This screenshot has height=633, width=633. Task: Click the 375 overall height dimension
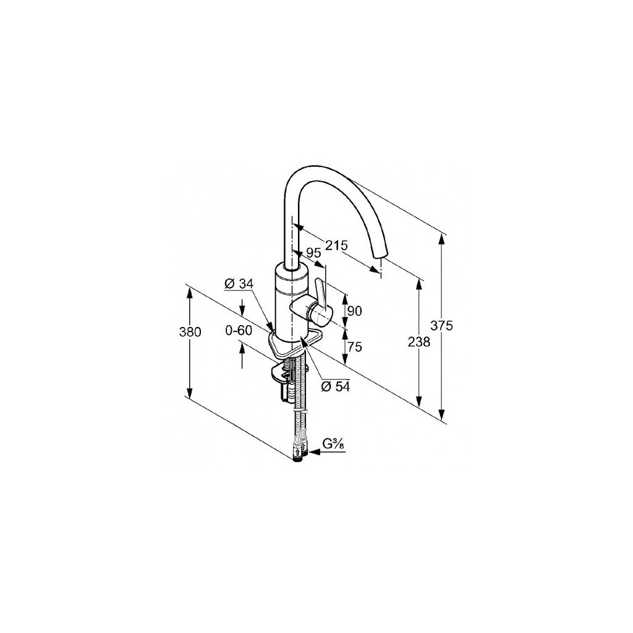pos(441,325)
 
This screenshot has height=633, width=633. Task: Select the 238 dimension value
pos(418,342)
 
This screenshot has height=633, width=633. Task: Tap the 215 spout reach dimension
pos(337,245)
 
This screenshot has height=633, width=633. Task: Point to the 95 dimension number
pos(313,253)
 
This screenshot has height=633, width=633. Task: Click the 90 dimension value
pos(354,311)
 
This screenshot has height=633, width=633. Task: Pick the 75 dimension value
pos(354,346)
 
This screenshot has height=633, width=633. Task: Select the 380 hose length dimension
pos(190,332)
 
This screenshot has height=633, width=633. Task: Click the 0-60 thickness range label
pos(239,331)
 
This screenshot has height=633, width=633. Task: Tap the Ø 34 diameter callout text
pos(239,284)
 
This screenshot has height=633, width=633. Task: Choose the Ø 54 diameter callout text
pos(336,386)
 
